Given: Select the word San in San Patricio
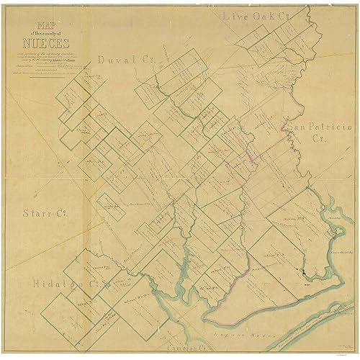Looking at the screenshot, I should (297, 126).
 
